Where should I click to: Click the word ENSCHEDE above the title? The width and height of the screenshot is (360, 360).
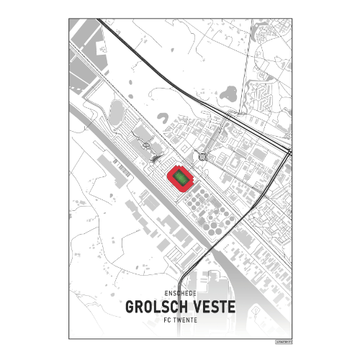click(x=180, y=294)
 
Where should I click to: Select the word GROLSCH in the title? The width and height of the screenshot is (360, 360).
click(x=153, y=307)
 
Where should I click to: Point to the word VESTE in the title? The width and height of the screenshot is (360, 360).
click(x=212, y=307)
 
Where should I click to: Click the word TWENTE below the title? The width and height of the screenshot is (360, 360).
click(x=186, y=320)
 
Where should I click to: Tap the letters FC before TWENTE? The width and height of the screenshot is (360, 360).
click(x=168, y=320)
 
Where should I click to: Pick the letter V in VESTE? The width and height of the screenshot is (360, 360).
click(x=192, y=307)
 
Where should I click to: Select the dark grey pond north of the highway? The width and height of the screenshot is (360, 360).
click(x=230, y=92)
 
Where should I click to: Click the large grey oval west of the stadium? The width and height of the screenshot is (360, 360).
click(x=117, y=112)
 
